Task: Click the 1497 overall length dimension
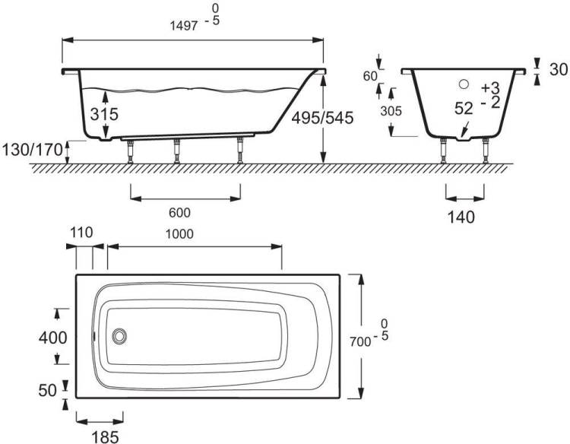185,26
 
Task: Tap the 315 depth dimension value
104,114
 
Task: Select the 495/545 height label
322,118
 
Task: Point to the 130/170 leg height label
33,150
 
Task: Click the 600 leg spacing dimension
179,213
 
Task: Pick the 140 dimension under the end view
461,217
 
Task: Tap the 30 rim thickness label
559,69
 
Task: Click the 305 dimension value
391,111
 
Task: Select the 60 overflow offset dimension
370,76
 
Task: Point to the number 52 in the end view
464,109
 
